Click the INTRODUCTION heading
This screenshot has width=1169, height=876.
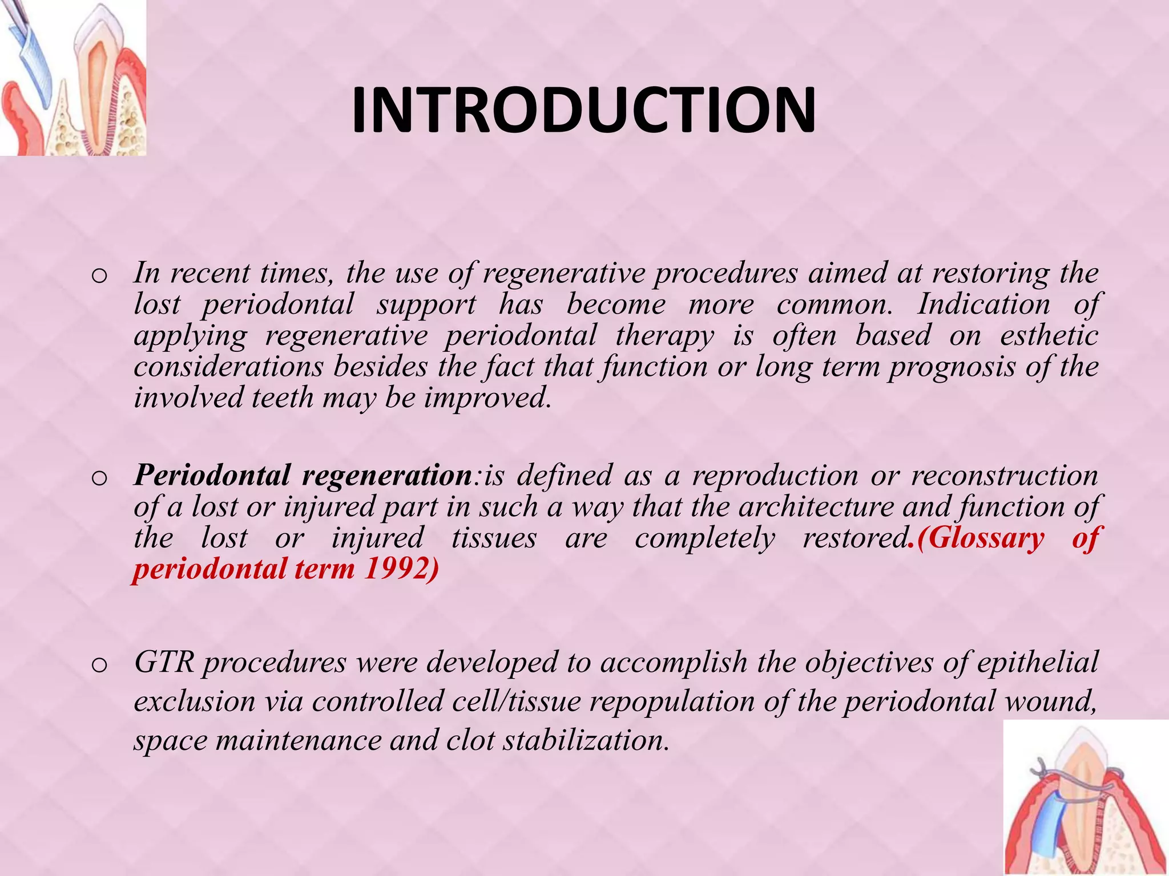pyautogui.click(x=583, y=111)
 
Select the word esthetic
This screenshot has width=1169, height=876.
pyautogui.click(x=1049, y=335)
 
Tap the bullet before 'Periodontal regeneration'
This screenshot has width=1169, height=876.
pyautogui.click(x=99, y=478)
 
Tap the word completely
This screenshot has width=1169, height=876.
pyautogui.click(x=706, y=538)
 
